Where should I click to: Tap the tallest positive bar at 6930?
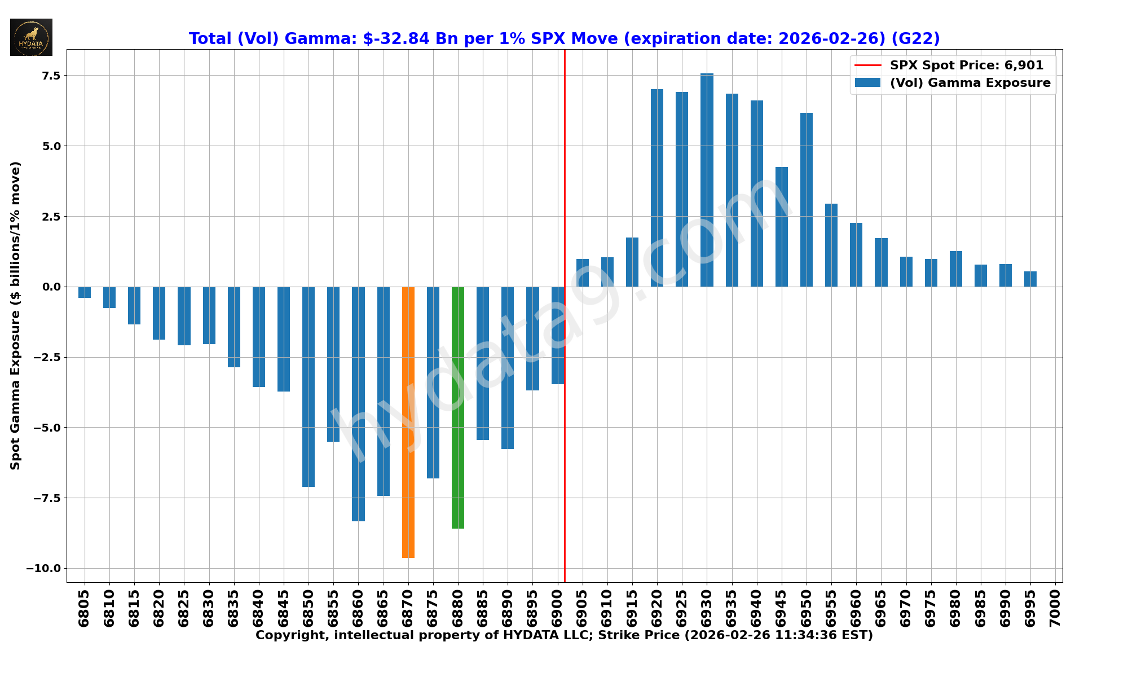[707, 180]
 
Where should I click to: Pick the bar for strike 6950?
[807, 200]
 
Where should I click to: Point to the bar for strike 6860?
[358, 404]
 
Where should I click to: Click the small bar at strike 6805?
[85, 292]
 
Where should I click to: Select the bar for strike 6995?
[1030, 279]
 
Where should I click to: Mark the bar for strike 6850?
[309, 386]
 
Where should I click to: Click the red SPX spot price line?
[565, 169]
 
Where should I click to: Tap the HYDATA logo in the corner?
[31, 37]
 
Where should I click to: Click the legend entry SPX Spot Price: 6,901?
[966, 65]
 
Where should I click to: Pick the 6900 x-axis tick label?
[558, 607]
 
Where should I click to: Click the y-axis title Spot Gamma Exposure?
[15, 315]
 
